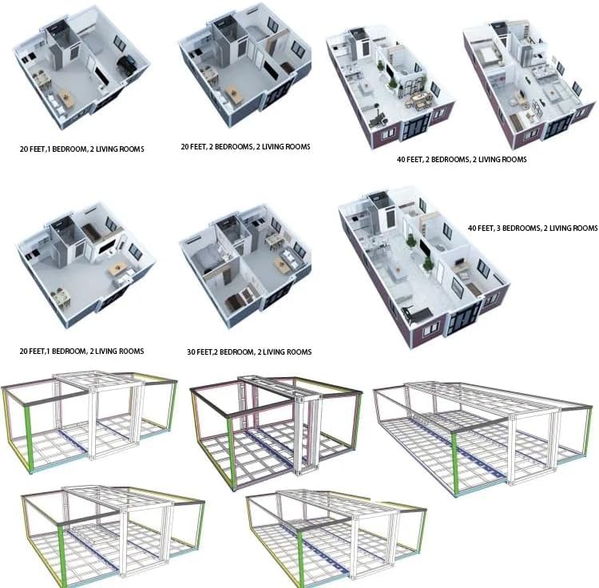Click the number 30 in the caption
coord(192,352)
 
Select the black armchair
coord(126,64)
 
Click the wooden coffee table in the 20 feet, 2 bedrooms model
coord(233,94)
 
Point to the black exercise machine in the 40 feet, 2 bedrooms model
coord(379,117)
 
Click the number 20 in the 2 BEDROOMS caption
coord(185,147)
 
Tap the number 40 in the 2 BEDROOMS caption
coord(401,159)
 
